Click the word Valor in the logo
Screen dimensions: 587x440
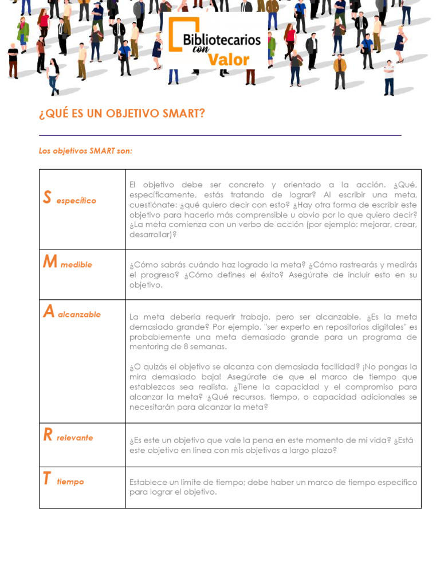pyautogui.click(x=229, y=60)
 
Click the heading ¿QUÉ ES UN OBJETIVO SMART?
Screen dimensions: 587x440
pyautogui.click(x=122, y=114)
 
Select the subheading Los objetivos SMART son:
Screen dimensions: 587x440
pyautogui.click(x=85, y=151)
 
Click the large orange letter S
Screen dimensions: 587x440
pyautogui.click(x=47, y=198)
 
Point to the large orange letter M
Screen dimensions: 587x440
pyautogui.click(x=50, y=262)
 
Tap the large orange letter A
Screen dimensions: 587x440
pyautogui.click(x=49, y=312)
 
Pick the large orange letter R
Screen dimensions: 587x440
pyautogui.click(x=48, y=435)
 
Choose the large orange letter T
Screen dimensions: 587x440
pyautogui.click(x=46, y=479)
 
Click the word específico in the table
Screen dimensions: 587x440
pyautogui.click(x=76, y=201)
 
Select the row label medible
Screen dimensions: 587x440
pyautogui.click(x=76, y=265)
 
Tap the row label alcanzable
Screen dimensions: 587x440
pyautogui.click(x=79, y=315)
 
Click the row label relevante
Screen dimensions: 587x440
pyautogui.click(x=74, y=438)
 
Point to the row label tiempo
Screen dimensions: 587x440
pyautogui.click(x=70, y=482)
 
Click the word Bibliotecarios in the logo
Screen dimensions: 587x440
pyautogui.click(x=222, y=40)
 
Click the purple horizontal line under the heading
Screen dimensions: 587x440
pyautogui.click(x=220, y=136)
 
